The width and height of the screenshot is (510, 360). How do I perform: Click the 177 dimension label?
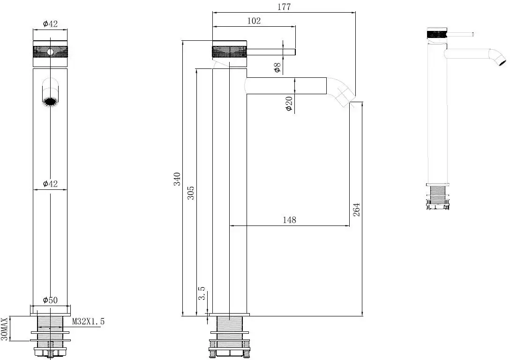tap(284, 7)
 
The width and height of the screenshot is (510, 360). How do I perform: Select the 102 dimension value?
tap(254, 21)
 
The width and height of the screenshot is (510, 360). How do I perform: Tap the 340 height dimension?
tap(177, 179)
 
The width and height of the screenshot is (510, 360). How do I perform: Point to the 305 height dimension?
tap(191, 193)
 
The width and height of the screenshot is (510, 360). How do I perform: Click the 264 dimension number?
tap(356, 210)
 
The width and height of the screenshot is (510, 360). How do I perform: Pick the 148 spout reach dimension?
tap(289, 220)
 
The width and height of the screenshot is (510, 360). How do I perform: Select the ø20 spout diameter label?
tap(289, 104)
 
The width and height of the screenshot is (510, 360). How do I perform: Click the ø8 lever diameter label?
tap(277, 67)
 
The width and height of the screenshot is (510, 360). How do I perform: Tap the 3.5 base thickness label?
tap(202, 293)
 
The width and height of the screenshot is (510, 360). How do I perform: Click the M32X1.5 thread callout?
tap(88, 322)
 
